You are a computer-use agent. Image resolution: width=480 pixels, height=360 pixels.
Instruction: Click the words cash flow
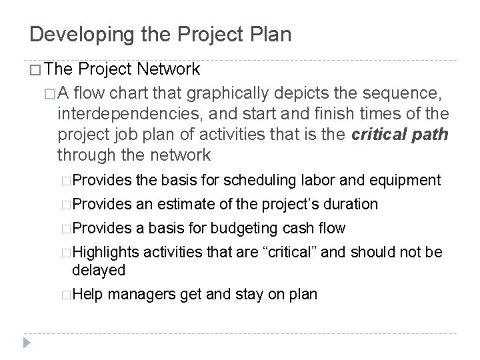click(319, 228)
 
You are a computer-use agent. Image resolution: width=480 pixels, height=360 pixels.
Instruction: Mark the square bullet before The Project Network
click(37, 69)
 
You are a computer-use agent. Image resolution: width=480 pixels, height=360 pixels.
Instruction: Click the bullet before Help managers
click(64, 295)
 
